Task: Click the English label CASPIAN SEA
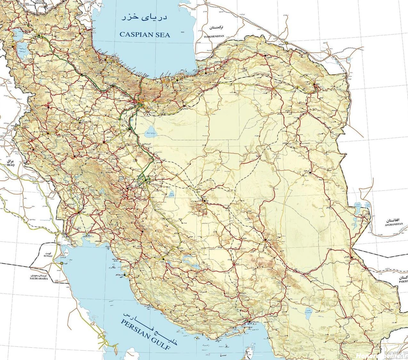click(x=145, y=35)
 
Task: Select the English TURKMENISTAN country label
click(x=214, y=36)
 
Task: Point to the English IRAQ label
click(x=11, y=165)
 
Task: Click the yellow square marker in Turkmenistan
click(x=287, y=43)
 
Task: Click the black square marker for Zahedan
click(x=351, y=258)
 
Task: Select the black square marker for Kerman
click(x=266, y=240)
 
